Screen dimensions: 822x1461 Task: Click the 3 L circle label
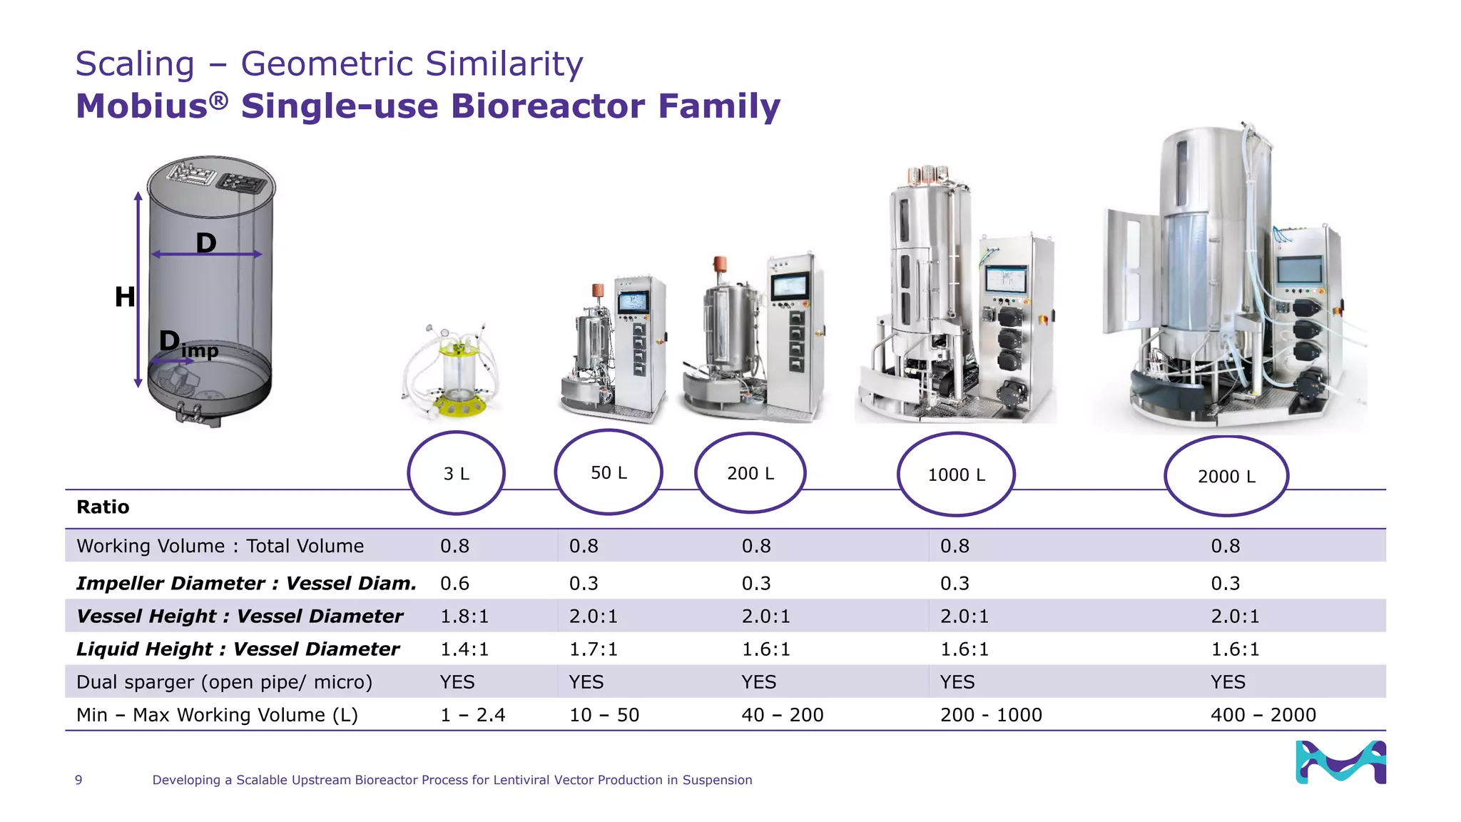(x=457, y=474)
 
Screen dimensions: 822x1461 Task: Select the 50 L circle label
(x=609, y=472)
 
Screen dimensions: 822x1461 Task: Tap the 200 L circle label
(x=750, y=473)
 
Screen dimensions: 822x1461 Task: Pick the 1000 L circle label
(x=956, y=475)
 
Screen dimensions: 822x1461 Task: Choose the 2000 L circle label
(x=1226, y=476)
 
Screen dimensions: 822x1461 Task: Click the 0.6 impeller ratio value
(x=454, y=583)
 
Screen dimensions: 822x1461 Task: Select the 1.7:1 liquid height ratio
(x=593, y=649)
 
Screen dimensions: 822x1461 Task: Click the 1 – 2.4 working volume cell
(x=472, y=714)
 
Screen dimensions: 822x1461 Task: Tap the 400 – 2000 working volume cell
(x=1263, y=714)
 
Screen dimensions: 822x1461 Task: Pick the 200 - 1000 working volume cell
(x=991, y=714)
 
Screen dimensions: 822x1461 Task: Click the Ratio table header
(x=103, y=507)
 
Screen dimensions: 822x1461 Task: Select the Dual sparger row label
(x=224, y=681)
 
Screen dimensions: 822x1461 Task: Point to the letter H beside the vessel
(x=125, y=296)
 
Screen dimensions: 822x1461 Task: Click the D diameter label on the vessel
(x=206, y=243)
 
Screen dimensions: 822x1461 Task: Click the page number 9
(x=78, y=780)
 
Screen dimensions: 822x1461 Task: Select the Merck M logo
(x=1340, y=762)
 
